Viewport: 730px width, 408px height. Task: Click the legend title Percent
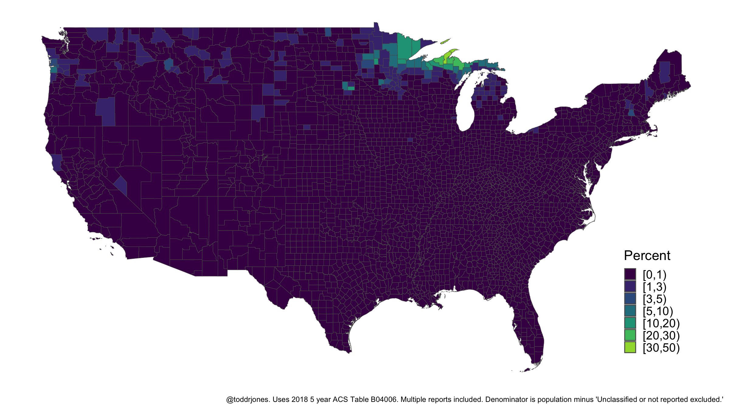[647, 255]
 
